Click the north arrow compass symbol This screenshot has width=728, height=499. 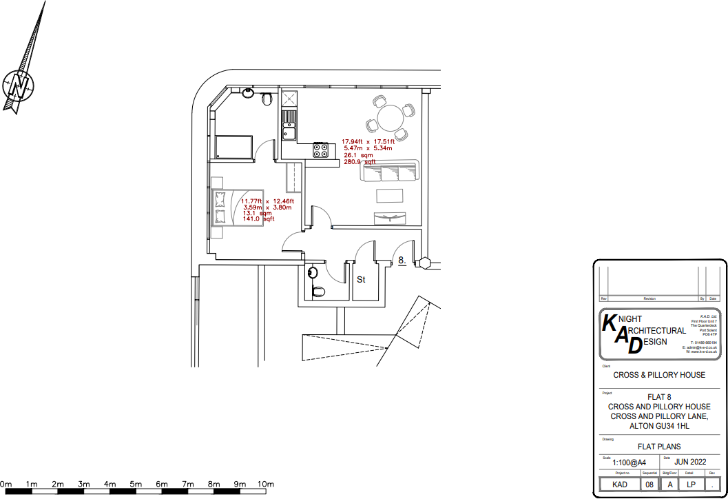coord(19,85)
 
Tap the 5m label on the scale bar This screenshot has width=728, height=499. coord(136,485)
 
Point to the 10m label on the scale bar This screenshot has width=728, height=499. coord(266,485)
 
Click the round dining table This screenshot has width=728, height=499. coord(391,116)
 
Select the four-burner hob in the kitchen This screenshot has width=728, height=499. coord(321,149)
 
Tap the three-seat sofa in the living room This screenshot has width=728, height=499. coord(389,171)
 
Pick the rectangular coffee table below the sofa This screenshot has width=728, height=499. coord(390,196)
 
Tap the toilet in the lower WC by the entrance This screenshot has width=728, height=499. coord(318,291)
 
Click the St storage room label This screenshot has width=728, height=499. coord(360,280)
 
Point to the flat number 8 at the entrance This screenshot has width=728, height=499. coord(401,261)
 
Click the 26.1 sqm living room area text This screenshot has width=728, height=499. coord(358,156)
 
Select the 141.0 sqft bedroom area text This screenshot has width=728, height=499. coord(258,219)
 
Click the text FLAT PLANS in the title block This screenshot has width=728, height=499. coord(659,447)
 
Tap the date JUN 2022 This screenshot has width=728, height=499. coord(691,461)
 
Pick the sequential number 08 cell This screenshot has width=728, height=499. coord(649,485)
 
